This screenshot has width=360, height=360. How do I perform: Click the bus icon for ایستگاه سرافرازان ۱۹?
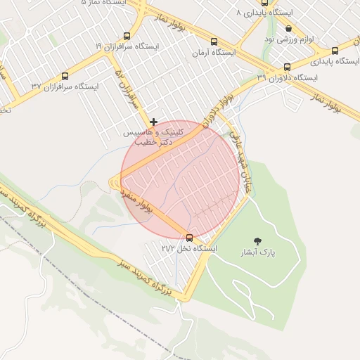click(x=127, y=36)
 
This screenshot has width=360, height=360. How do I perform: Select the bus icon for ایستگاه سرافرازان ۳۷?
click(x=65, y=76)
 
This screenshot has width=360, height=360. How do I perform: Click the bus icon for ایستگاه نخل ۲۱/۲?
click(x=188, y=237)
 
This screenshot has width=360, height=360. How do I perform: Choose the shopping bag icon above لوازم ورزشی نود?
click(x=289, y=28)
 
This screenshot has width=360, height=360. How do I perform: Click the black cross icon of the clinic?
click(x=154, y=122)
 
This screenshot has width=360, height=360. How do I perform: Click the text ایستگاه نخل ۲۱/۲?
click(x=189, y=249)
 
